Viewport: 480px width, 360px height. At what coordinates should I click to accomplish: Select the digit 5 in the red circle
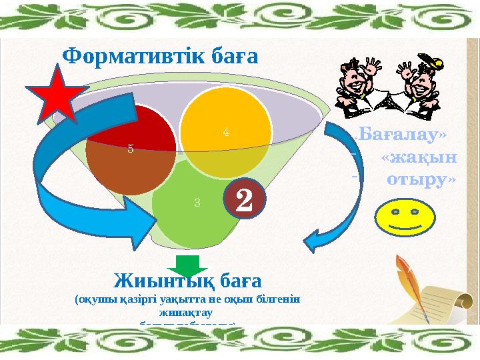131,149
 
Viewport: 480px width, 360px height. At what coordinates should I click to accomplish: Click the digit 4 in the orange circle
226,132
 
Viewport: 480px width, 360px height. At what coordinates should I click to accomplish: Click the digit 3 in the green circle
197,203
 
